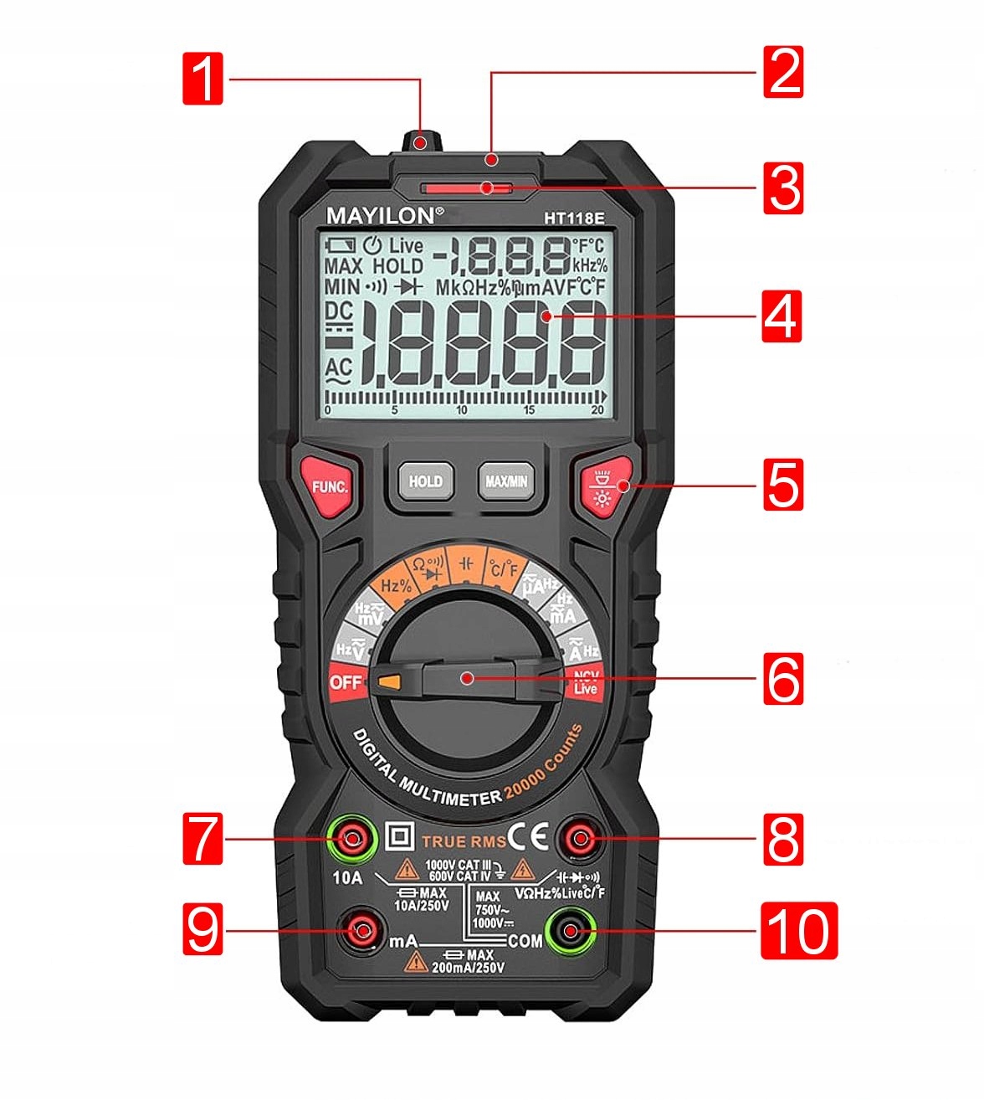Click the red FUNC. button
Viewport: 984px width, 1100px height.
(330, 486)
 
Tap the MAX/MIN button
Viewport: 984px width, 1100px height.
(506, 481)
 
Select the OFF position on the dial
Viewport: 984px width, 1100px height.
(345, 681)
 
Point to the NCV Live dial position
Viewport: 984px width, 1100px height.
(586, 682)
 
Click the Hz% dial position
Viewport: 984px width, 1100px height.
(396, 585)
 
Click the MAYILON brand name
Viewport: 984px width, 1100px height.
(381, 216)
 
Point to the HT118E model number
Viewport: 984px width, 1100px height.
(574, 218)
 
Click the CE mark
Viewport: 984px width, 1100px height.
(529, 836)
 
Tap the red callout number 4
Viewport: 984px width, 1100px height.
(782, 316)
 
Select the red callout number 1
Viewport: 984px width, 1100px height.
(203, 79)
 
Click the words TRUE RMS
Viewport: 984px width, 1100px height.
(464, 841)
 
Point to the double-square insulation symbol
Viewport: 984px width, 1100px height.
(400, 836)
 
